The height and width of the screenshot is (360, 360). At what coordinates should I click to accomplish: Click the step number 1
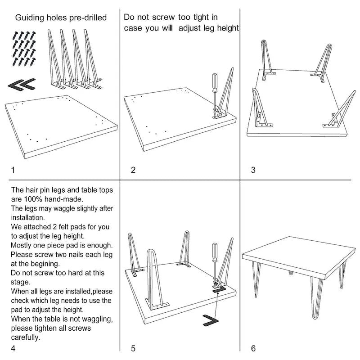click(x=13, y=170)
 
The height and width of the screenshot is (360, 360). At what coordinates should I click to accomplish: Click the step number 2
click(x=133, y=170)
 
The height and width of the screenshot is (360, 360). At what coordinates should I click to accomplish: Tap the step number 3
click(x=253, y=170)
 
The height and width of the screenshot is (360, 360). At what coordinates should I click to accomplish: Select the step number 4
click(x=13, y=347)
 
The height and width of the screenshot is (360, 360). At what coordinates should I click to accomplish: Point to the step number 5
click(x=133, y=347)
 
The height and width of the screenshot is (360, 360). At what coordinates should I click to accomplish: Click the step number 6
click(x=253, y=347)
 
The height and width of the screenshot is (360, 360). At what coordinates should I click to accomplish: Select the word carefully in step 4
click(x=26, y=337)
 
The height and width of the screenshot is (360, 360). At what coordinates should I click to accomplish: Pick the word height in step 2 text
click(x=228, y=28)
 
